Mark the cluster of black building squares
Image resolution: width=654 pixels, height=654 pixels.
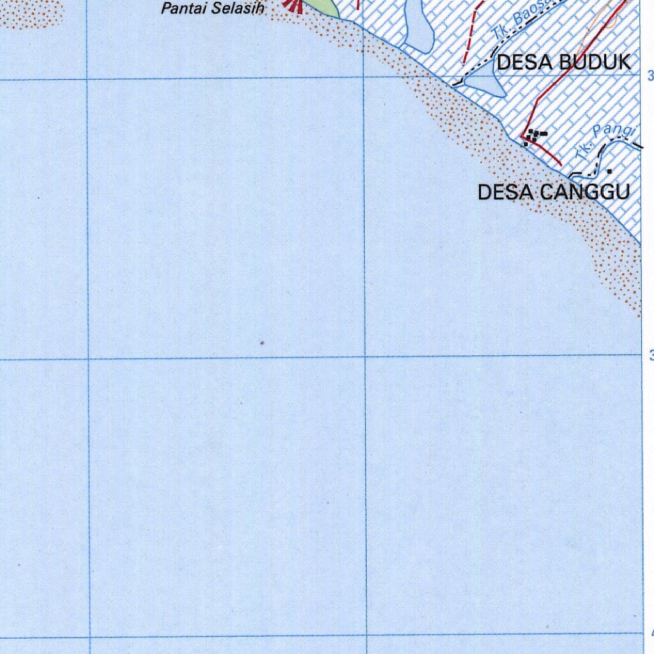[534, 136]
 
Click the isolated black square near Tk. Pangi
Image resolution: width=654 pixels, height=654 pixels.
[609, 171]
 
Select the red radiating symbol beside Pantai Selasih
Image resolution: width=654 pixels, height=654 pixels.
[294, 6]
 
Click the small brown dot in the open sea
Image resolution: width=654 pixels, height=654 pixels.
[262, 344]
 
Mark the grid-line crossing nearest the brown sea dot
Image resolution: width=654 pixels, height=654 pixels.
[365, 356]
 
